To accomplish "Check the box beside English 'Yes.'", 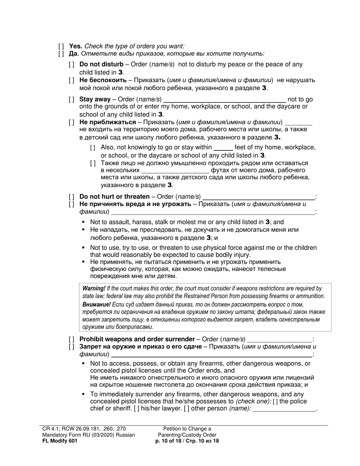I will tap(61, 46).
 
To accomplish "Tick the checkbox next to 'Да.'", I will tap(61, 53).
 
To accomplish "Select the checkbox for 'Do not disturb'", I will tap(72, 64).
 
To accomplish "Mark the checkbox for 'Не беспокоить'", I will tap(72, 80).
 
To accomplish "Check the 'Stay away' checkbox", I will tap(72, 99).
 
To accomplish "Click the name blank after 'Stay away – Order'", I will tap(224, 99).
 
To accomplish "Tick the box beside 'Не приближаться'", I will tap(72, 122).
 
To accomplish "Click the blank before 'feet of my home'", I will tap(223, 147).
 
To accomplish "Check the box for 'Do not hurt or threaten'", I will tap(72, 197).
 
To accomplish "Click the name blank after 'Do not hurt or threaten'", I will tap(259, 197).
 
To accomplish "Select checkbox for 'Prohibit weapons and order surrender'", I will tap(72, 339).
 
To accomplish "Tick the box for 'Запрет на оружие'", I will tap(72, 346).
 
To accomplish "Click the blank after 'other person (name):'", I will tap(284, 409).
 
